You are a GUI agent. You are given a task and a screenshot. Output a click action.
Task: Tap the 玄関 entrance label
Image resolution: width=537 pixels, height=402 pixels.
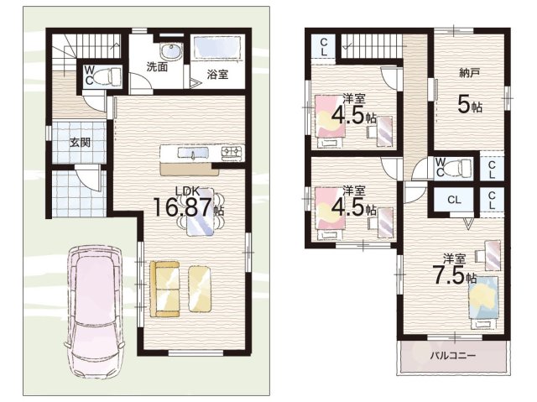[x=80, y=142]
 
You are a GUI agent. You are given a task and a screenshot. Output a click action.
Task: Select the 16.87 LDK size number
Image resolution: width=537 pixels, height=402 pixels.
[x=183, y=207]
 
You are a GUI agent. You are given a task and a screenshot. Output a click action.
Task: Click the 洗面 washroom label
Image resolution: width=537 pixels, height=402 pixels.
[x=157, y=67]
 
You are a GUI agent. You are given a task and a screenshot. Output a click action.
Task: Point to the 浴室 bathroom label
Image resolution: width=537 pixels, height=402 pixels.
[x=217, y=75]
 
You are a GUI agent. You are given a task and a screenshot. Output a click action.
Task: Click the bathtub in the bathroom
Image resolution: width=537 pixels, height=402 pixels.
[x=216, y=48]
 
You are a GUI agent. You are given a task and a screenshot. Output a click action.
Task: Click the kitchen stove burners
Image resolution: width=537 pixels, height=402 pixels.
[x=232, y=151]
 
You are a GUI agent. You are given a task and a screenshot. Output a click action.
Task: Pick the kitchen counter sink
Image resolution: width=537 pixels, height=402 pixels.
[x=193, y=153]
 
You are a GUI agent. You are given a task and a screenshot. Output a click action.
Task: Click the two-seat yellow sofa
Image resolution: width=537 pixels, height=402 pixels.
[x=164, y=290]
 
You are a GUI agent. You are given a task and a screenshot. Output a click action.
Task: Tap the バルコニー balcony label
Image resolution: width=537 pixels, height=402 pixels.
[x=453, y=356]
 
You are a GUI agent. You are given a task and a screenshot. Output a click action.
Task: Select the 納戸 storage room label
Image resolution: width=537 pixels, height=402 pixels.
[x=469, y=72]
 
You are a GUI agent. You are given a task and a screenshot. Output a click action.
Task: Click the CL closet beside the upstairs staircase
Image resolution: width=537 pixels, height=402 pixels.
[x=324, y=47]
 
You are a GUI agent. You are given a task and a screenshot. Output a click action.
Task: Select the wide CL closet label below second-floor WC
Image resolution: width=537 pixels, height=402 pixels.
[x=454, y=200]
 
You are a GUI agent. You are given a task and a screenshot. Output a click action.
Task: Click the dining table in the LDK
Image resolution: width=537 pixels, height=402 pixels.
[x=201, y=212]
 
